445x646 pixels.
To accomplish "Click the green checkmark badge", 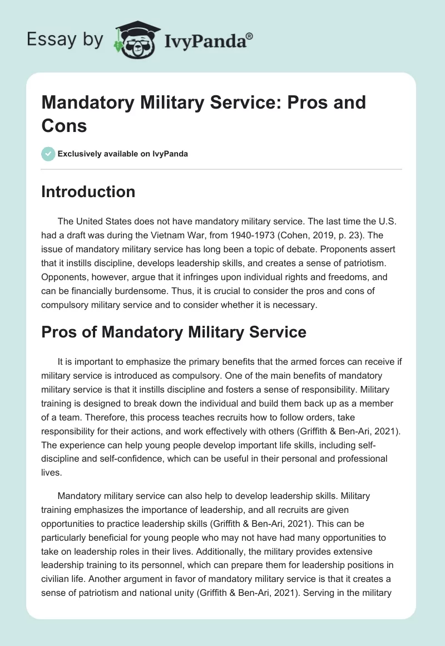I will pos(48,154).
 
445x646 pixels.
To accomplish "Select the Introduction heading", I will pos(88,192).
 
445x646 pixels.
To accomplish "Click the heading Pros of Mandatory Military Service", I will pos(174,332).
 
